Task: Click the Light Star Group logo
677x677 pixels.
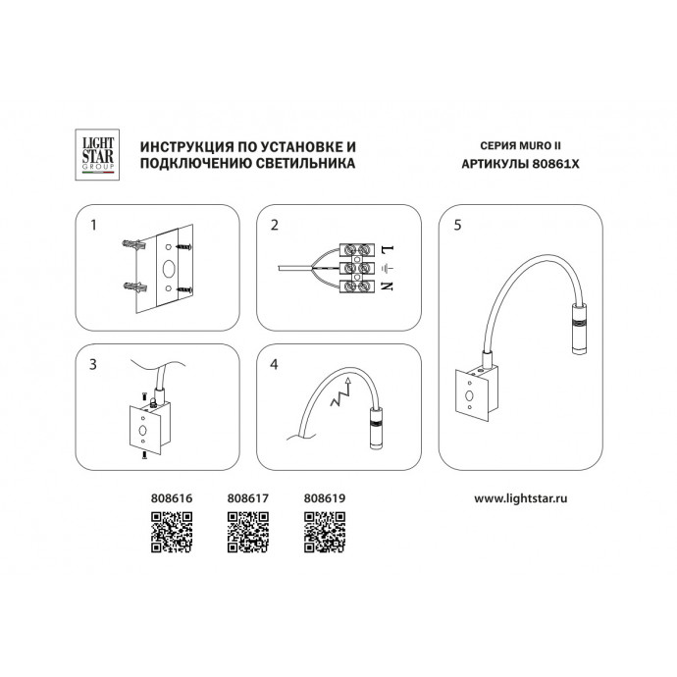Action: [97, 155]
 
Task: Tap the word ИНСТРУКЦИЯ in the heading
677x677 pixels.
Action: [187, 147]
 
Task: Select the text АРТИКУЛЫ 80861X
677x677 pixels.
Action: [520, 164]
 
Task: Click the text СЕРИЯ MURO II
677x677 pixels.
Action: [520, 145]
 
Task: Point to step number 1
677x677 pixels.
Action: [93, 225]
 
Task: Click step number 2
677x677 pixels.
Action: [275, 225]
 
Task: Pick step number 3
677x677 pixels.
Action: [93, 364]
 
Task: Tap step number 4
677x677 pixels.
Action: [274, 364]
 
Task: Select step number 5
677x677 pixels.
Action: [457, 225]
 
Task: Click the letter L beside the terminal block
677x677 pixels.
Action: [388, 249]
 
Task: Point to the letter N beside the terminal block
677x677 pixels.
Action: [388, 286]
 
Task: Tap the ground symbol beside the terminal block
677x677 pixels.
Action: [388, 268]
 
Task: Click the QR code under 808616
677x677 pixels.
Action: [172, 532]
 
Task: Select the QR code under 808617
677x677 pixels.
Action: [248, 532]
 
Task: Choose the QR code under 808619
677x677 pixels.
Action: [325, 532]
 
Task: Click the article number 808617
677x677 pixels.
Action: [248, 498]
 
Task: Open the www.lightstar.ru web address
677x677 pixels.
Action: [521, 498]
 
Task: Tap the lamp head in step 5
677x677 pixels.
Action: [579, 329]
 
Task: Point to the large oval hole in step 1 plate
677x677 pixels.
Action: [169, 269]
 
